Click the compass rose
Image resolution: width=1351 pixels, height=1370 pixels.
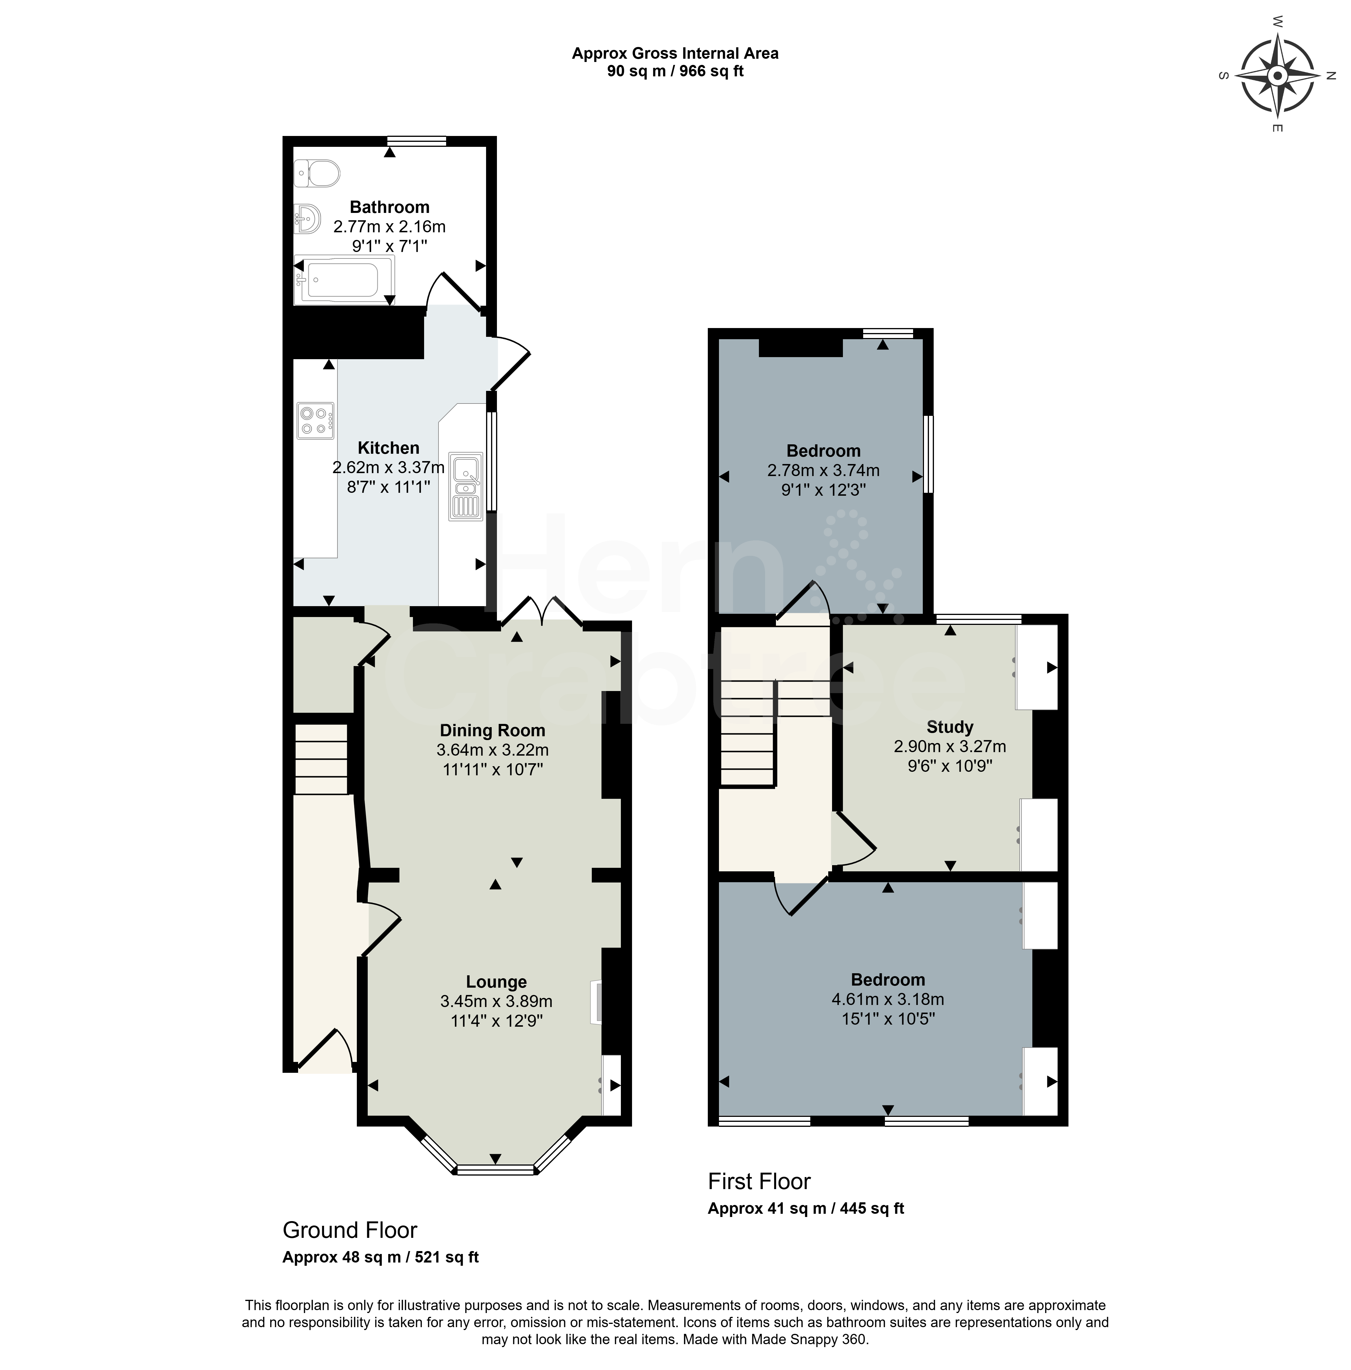[1277, 75]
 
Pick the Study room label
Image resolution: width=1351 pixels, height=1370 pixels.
[950, 727]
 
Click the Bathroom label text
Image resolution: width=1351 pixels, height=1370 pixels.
[389, 207]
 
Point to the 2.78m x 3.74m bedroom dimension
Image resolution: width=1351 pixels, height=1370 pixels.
[823, 470]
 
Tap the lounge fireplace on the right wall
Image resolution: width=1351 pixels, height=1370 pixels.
[596, 1002]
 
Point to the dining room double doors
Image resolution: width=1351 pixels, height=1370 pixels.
[542, 613]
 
